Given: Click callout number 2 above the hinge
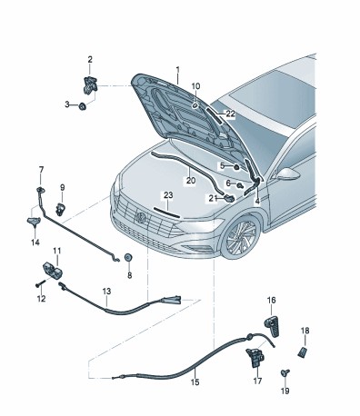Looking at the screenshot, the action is (x=90, y=60).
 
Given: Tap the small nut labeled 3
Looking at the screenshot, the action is (x=82, y=106).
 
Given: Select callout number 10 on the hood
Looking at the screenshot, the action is (x=195, y=86).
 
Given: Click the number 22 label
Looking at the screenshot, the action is (x=231, y=114).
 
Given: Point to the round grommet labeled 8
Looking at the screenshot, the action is (x=128, y=258).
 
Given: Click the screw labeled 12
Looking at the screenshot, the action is (x=40, y=283).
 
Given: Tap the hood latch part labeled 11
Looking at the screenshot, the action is (x=53, y=270).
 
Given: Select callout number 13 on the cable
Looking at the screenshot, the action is (x=106, y=292).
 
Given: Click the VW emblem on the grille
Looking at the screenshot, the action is (x=141, y=218).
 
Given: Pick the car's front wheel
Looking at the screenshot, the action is (x=241, y=236).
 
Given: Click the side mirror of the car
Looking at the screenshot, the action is (x=287, y=173).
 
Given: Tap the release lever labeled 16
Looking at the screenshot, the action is (x=273, y=325).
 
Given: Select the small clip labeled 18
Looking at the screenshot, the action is (x=303, y=352).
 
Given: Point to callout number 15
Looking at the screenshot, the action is (x=195, y=382).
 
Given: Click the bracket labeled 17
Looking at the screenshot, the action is (x=255, y=357).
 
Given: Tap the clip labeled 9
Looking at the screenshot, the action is (x=60, y=209).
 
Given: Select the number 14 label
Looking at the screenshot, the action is (x=35, y=243).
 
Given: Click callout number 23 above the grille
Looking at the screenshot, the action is (x=168, y=195).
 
